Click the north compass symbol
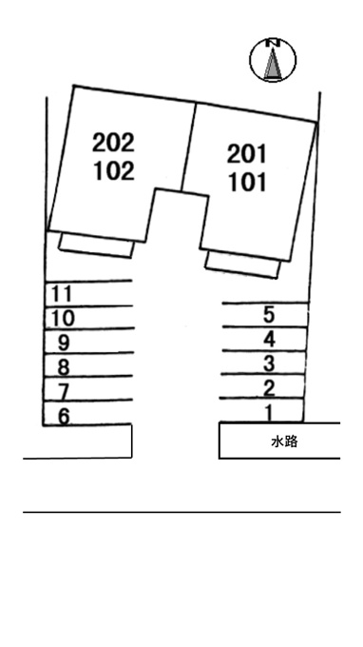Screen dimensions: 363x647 point(273,59)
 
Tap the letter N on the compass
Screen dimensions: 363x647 point(273,42)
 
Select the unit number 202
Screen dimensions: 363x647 point(113,143)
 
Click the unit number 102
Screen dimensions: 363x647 point(114,171)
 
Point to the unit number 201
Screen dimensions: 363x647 point(247,154)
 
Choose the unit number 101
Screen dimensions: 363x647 point(248,183)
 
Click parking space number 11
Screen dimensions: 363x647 point(62,294)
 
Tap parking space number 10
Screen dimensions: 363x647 point(63,318)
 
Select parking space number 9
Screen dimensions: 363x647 point(64,343)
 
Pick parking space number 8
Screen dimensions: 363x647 point(63,367)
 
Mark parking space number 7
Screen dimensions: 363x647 point(63,391)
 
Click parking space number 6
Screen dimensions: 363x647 point(64,416)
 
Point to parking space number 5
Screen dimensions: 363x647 point(269,315)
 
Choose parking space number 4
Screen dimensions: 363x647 point(269,339)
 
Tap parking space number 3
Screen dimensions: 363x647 point(269,363)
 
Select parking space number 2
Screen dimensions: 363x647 point(269,388)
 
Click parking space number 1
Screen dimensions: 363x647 point(269,413)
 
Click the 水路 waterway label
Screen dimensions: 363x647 point(284,441)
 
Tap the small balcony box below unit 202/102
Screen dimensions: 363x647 point(97,245)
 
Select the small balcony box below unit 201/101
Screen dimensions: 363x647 point(242,265)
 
